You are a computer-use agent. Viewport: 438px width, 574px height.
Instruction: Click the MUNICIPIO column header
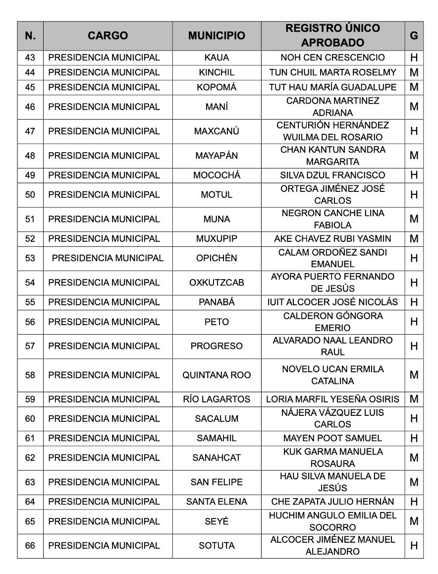coord(217,36)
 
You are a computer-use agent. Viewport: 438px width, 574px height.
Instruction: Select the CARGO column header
coord(108,36)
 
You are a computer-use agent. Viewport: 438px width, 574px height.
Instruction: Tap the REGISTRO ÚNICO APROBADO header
coord(332,36)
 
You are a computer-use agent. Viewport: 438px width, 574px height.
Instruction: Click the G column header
coord(414,36)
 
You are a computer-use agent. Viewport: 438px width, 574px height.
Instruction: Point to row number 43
coord(30,57)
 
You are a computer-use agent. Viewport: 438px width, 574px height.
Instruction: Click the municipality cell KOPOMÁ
coord(217,87)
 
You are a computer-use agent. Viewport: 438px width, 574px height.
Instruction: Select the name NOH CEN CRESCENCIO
coord(332,57)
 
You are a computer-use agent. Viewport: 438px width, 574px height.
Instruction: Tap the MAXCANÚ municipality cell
coord(217,131)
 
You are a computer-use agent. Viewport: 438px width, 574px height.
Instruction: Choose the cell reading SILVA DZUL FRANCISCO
coord(332,175)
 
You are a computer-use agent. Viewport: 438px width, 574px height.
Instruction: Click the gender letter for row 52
coord(414,238)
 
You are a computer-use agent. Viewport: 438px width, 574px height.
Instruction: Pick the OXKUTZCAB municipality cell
coord(217,283)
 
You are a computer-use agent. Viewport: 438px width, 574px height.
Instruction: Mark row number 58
coord(30,375)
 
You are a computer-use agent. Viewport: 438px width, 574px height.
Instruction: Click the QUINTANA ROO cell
coord(217,375)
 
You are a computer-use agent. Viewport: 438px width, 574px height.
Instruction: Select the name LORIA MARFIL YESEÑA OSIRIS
coord(332,399)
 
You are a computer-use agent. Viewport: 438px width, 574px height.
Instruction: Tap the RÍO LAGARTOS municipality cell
coord(217,399)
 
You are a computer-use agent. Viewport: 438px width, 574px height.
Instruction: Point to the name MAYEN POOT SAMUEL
coord(332,438)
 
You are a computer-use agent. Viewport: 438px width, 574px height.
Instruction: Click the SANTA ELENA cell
coord(217,502)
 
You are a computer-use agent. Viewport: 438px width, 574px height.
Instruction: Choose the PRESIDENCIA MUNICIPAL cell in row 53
coord(108,258)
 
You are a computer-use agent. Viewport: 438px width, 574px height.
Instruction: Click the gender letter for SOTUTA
coord(414,546)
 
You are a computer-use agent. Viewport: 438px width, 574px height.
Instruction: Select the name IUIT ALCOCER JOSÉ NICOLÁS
coord(332,302)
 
